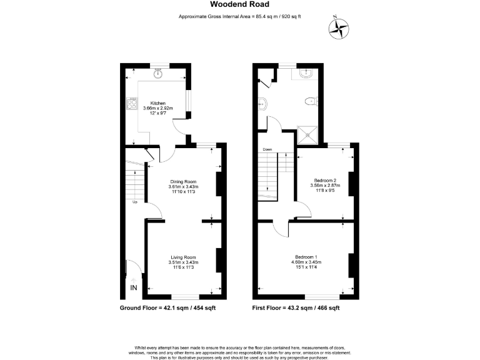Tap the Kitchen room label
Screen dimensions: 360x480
point(157,102)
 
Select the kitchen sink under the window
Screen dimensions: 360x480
point(158,74)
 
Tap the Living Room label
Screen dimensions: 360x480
point(183,257)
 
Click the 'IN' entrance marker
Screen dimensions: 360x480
point(134,287)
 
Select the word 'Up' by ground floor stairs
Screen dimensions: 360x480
point(134,202)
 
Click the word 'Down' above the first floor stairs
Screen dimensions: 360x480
point(267,149)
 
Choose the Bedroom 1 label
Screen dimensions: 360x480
point(307,257)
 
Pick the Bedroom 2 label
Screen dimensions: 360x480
point(322,180)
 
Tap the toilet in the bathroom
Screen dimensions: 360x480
point(311,101)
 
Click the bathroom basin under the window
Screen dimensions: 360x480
point(306,73)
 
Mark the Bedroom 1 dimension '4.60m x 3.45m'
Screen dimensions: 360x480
point(307,262)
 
